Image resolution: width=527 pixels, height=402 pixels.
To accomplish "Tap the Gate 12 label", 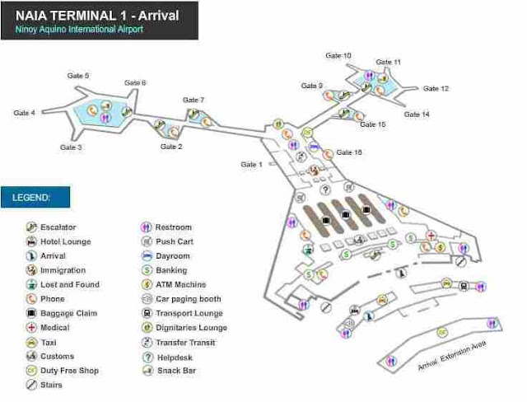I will (436, 88).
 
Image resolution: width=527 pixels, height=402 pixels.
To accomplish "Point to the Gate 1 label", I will (251, 165).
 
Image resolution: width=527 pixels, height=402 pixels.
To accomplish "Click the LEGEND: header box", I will (35, 198).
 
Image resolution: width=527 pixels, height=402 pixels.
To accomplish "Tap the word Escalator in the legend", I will (58, 227).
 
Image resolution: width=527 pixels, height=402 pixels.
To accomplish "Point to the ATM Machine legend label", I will (179, 285).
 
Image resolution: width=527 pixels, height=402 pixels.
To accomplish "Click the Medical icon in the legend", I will (31, 328).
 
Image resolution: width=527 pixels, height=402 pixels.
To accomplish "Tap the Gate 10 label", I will (338, 55).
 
